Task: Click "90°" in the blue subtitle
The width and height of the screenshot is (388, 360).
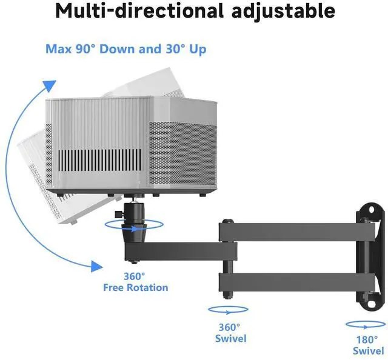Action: (x=85, y=49)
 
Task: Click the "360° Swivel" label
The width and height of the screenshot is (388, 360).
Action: (x=231, y=332)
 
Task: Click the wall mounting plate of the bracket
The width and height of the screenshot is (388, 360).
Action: (x=371, y=255)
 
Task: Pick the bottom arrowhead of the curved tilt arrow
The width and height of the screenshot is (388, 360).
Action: (x=94, y=265)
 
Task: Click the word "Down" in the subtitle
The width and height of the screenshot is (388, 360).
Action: (x=118, y=49)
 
